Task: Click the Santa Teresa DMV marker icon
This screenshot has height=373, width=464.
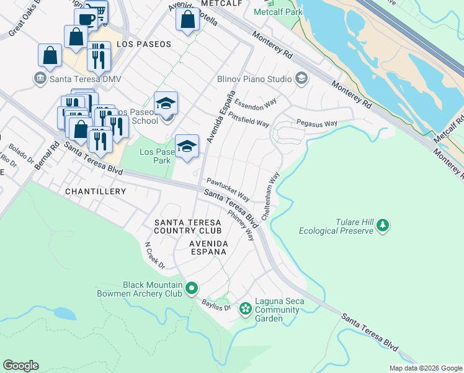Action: [x=40, y=79]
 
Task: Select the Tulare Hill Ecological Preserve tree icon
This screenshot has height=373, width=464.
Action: [x=383, y=224]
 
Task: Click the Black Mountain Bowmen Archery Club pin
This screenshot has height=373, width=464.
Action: [x=192, y=288]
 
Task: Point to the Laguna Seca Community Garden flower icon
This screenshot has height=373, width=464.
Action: [x=246, y=308]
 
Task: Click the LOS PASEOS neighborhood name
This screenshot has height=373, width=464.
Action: [x=143, y=45]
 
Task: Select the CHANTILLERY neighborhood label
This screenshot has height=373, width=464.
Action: [x=96, y=192]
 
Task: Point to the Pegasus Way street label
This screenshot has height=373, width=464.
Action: [x=316, y=123]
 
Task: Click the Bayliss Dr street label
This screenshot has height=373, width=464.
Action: [x=216, y=305]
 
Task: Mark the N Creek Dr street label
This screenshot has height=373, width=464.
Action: [x=154, y=256]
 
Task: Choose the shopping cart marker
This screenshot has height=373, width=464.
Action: [x=97, y=11]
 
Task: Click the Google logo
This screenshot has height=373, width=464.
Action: [x=20, y=366]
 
